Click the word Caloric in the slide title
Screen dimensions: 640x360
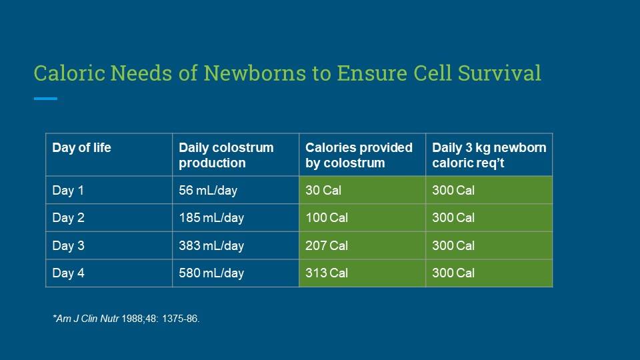click(x=69, y=73)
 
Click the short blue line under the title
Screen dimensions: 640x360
click(x=45, y=99)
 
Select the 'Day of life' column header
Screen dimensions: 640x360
click(x=81, y=148)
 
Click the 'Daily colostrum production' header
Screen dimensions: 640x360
click(x=226, y=155)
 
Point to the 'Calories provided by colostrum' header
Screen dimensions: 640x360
click(x=359, y=155)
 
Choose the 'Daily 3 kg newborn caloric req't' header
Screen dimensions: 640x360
click(x=489, y=155)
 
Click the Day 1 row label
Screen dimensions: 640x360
click(x=68, y=190)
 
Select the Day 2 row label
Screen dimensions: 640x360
click(x=68, y=217)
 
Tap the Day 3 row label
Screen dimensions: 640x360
click(x=68, y=245)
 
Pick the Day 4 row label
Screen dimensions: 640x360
click(x=68, y=273)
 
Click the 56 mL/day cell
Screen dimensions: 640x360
click(x=208, y=190)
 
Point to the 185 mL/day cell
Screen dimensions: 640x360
click(x=211, y=217)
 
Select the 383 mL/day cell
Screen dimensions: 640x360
click(x=211, y=245)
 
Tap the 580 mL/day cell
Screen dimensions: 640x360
click(x=211, y=273)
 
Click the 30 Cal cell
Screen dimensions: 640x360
click(x=323, y=190)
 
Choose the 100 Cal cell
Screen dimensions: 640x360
click(x=327, y=217)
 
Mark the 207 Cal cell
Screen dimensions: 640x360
click(x=327, y=245)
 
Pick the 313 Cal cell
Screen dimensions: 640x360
click(x=327, y=273)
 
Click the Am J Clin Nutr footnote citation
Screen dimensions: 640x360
click(x=126, y=319)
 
